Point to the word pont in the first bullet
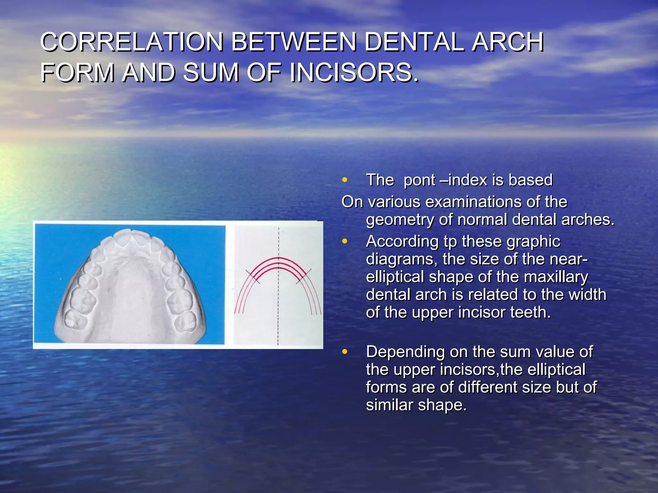pyautogui.click(x=420, y=180)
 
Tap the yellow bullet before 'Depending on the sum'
pyautogui.click(x=345, y=351)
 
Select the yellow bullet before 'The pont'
pyautogui.click(x=345, y=180)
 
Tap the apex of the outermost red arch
pyautogui.click(x=279, y=258)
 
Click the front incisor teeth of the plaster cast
pyautogui.click(x=129, y=236)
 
